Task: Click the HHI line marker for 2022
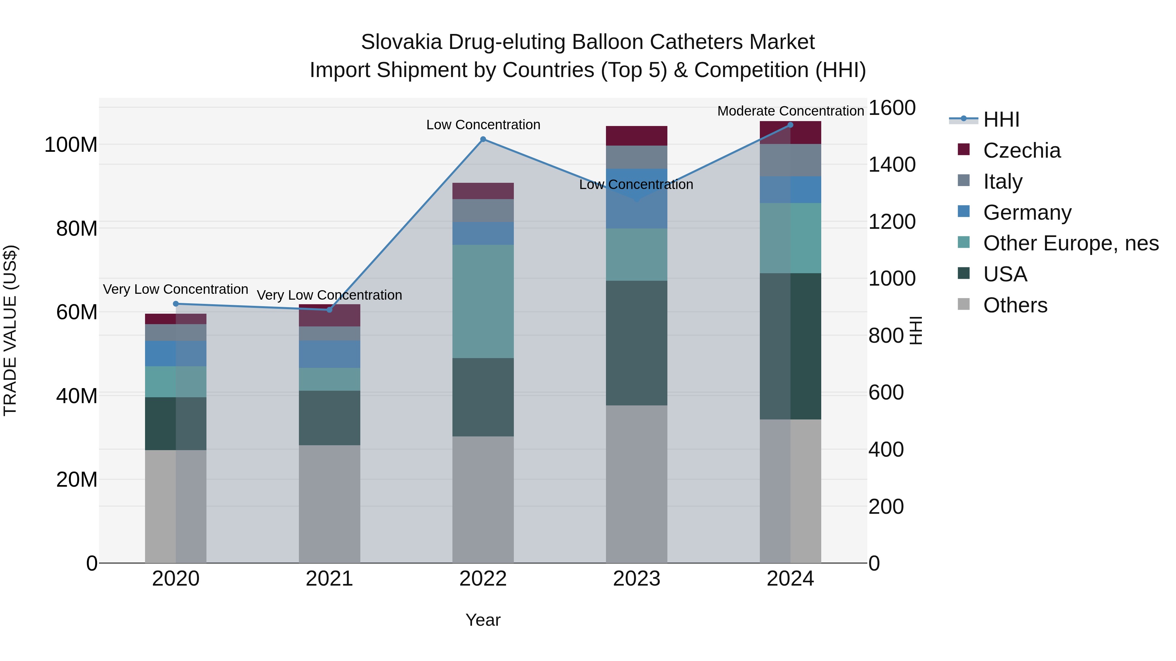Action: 483,139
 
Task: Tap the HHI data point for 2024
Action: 790,125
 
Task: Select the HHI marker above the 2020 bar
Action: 176,304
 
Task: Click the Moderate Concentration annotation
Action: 790,111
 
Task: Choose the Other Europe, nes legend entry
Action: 1070,243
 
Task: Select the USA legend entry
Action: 1005,274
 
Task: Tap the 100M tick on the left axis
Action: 71,145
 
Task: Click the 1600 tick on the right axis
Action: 891,108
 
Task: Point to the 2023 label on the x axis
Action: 636,579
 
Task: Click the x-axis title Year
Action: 483,620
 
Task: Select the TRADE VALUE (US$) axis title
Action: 10,330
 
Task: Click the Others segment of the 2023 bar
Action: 636,483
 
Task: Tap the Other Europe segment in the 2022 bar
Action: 483,301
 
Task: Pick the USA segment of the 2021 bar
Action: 329,417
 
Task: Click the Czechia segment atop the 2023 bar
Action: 636,136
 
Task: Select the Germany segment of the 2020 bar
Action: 176,354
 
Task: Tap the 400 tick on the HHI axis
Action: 886,450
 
